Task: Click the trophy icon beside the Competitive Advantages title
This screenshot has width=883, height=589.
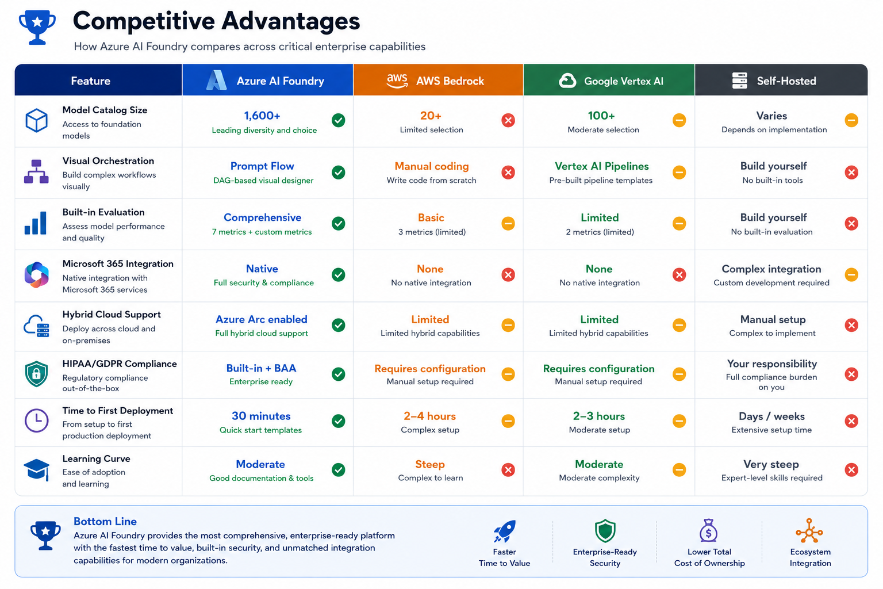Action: pos(37,27)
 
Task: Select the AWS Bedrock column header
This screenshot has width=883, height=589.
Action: pos(439,80)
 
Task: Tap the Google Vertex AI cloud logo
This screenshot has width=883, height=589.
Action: pos(567,81)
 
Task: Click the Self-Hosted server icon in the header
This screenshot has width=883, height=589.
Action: pos(739,81)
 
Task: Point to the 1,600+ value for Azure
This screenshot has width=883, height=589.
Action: pos(262,116)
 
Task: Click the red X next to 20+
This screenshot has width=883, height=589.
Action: pos(508,120)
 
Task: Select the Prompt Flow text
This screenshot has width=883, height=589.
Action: pos(262,166)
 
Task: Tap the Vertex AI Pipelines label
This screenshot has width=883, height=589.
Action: pos(601,166)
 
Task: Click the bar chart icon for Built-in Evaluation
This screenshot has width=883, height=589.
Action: pos(36,223)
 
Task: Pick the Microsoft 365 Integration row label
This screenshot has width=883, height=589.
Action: pos(118,263)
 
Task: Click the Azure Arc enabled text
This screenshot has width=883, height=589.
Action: pos(262,319)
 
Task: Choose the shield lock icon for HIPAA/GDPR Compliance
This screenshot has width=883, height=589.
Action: pos(36,374)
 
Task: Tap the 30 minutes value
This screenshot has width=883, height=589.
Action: pos(261,416)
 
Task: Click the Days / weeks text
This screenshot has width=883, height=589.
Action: pos(771,416)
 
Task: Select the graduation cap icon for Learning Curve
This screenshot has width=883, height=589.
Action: pos(37,469)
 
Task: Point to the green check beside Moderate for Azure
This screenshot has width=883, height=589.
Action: pos(338,469)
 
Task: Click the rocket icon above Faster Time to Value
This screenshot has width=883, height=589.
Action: pos(505,530)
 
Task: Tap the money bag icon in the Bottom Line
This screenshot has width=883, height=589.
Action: pos(708,530)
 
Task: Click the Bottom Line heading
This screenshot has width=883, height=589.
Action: pos(105,521)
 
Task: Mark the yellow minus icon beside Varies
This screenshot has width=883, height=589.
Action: pos(851,120)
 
